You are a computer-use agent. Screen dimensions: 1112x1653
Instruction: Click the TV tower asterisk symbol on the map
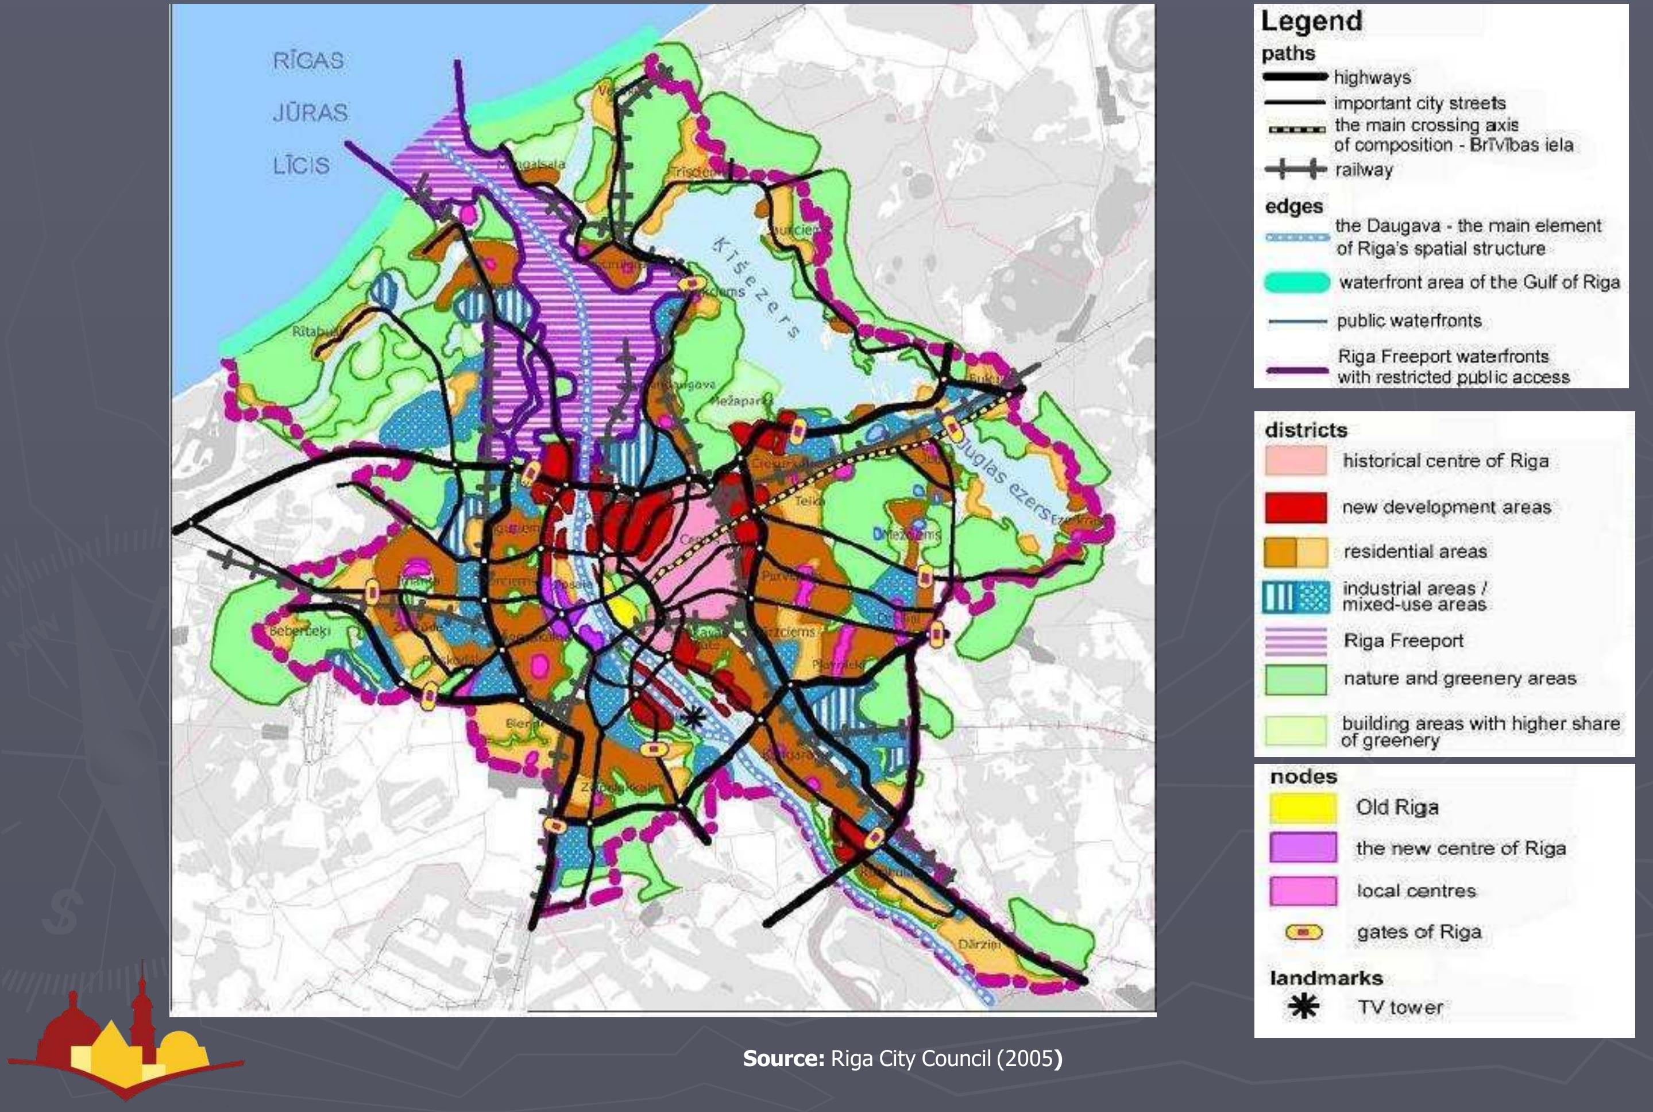694,719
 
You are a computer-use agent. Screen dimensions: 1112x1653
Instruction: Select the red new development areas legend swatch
1296,508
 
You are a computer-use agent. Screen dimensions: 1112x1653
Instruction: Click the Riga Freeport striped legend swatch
1296,641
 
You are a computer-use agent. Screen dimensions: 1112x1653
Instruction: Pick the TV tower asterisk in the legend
1303,1006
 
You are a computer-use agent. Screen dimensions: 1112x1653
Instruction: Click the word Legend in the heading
1311,21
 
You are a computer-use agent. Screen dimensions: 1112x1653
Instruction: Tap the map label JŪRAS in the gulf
310,113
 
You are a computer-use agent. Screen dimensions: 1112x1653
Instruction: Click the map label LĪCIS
302,165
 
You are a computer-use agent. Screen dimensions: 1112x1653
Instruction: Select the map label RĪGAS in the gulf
308,60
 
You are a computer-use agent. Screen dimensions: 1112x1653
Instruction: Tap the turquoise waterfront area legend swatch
1296,282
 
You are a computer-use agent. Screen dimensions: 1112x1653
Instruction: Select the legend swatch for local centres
1303,891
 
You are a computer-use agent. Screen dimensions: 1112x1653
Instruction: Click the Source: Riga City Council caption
902,1059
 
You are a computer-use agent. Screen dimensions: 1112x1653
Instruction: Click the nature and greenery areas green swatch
1296,679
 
